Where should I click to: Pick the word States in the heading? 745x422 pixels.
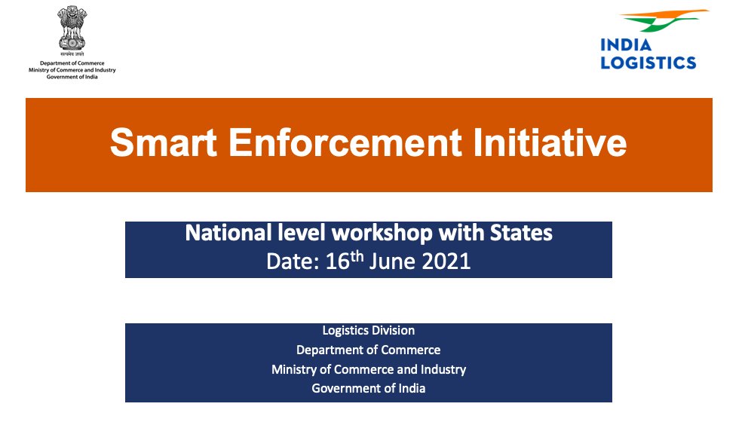[521, 233]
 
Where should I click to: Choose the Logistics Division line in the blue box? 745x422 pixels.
[368, 330]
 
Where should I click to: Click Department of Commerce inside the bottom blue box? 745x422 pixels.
[368, 350]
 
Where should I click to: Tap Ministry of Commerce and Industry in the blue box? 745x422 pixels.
[368, 369]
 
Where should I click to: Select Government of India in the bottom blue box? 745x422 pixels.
[368, 389]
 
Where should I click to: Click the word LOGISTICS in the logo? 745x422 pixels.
[648, 63]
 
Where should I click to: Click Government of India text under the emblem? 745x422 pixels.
[72, 75]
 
